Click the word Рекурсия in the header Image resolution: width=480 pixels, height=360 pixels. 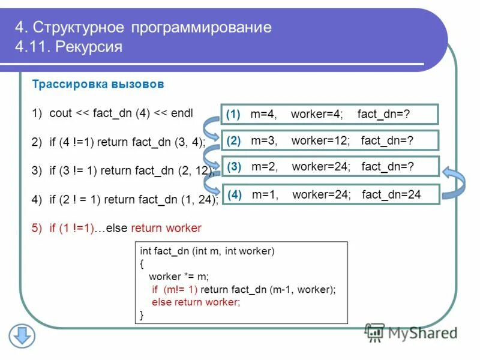tap(88, 46)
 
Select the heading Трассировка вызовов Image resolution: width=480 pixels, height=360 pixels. tap(97, 85)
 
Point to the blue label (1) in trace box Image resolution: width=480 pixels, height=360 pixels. tap(233, 114)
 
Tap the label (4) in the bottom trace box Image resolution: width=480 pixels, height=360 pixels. tap(235, 194)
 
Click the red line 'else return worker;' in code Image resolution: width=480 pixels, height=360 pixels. tap(196, 302)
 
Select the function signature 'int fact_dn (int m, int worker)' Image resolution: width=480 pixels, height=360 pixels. tap(206, 252)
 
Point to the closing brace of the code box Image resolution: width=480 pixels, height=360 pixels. tap(142, 314)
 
